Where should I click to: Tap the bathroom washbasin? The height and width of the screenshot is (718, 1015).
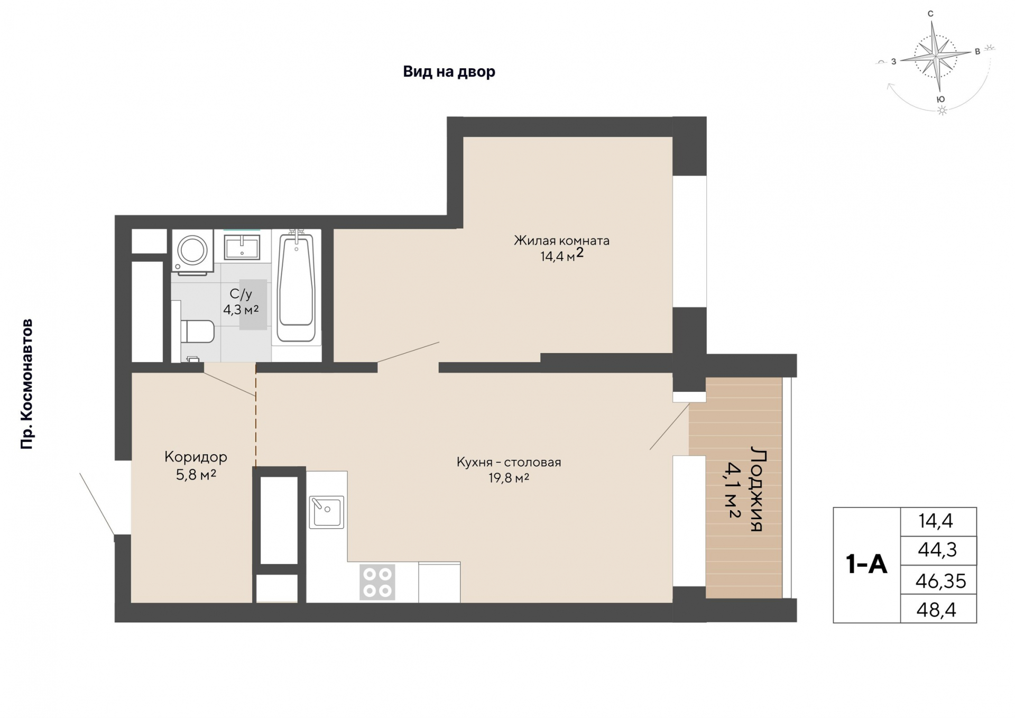pyautogui.click(x=242, y=247)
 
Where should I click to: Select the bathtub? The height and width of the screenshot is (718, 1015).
pyautogui.click(x=296, y=287)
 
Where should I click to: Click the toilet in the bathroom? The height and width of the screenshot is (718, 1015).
pyautogui.click(x=196, y=332)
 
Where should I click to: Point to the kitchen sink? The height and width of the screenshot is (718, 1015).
pyautogui.click(x=327, y=512)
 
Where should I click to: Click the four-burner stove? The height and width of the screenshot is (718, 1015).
pyautogui.click(x=377, y=582)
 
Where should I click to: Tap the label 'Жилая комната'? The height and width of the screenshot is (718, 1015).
pyautogui.click(x=561, y=241)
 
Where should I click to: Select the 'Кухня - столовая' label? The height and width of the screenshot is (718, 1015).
pyautogui.click(x=509, y=462)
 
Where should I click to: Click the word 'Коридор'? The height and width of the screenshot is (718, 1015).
pyautogui.click(x=196, y=457)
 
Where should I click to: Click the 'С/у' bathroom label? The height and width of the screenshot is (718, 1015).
pyautogui.click(x=241, y=294)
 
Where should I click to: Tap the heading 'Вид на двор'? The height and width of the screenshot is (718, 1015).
pyautogui.click(x=449, y=71)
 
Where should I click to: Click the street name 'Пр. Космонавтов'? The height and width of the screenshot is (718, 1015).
pyautogui.click(x=26, y=384)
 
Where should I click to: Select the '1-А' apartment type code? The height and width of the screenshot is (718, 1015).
pyautogui.click(x=866, y=564)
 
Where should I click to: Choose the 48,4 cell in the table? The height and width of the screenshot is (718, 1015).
pyautogui.click(x=936, y=610)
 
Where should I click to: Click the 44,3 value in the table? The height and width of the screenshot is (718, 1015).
pyautogui.click(x=937, y=550)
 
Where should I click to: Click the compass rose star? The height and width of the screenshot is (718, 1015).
pyautogui.click(x=936, y=54)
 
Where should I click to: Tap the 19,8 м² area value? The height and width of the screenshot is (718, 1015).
pyautogui.click(x=509, y=478)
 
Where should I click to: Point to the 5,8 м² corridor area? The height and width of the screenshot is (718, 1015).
pyautogui.click(x=196, y=475)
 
